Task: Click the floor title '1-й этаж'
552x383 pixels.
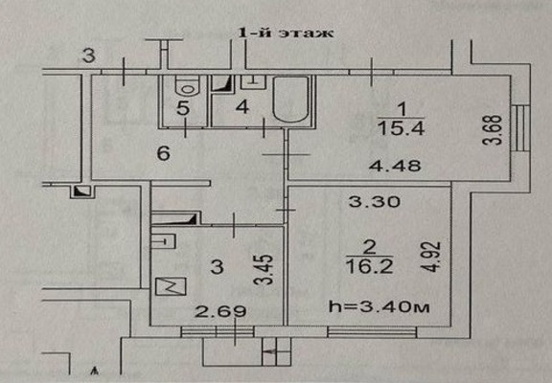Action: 286,34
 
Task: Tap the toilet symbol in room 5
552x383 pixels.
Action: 188,85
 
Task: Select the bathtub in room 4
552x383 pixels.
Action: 290,100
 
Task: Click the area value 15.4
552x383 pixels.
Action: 401,129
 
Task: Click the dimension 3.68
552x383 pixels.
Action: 493,130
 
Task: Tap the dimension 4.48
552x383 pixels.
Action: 395,166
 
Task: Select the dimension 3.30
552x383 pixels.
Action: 374,202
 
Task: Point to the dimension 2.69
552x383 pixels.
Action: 220,311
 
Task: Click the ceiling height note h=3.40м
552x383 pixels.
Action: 379,306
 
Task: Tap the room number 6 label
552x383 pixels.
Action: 164,153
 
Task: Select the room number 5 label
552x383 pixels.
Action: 183,108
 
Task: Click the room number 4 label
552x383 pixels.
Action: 242,106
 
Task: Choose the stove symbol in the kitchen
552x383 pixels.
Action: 171,286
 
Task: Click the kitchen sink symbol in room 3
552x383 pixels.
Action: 163,241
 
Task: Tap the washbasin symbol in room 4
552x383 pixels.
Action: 253,82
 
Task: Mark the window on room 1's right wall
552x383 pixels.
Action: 523,128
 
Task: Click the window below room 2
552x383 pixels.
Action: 372,332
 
